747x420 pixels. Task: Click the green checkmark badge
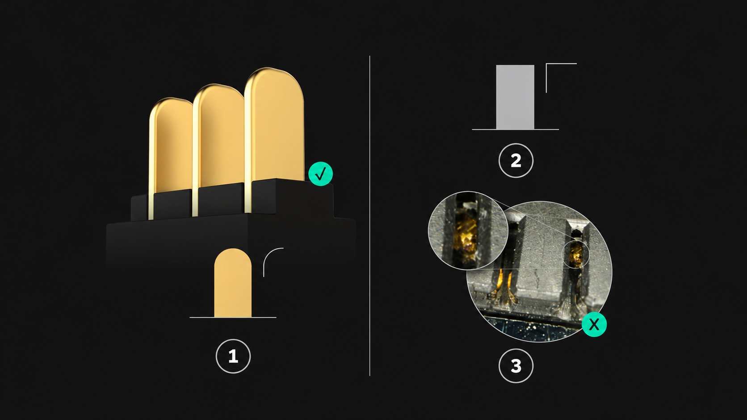click(x=320, y=174)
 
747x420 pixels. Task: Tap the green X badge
click(x=594, y=324)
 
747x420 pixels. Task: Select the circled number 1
click(x=233, y=356)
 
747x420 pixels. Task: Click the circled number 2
click(x=516, y=161)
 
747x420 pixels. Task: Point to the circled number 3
click(x=516, y=366)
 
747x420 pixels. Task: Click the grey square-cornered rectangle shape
click(x=515, y=97)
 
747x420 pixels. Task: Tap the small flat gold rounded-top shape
click(x=233, y=283)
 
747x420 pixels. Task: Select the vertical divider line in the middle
click(x=370, y=216)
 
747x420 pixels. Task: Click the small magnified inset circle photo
click(x=468, y=230)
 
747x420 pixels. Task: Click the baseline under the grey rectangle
click(x=515, y=129)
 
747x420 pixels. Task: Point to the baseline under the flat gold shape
click(x=233, y=318)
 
